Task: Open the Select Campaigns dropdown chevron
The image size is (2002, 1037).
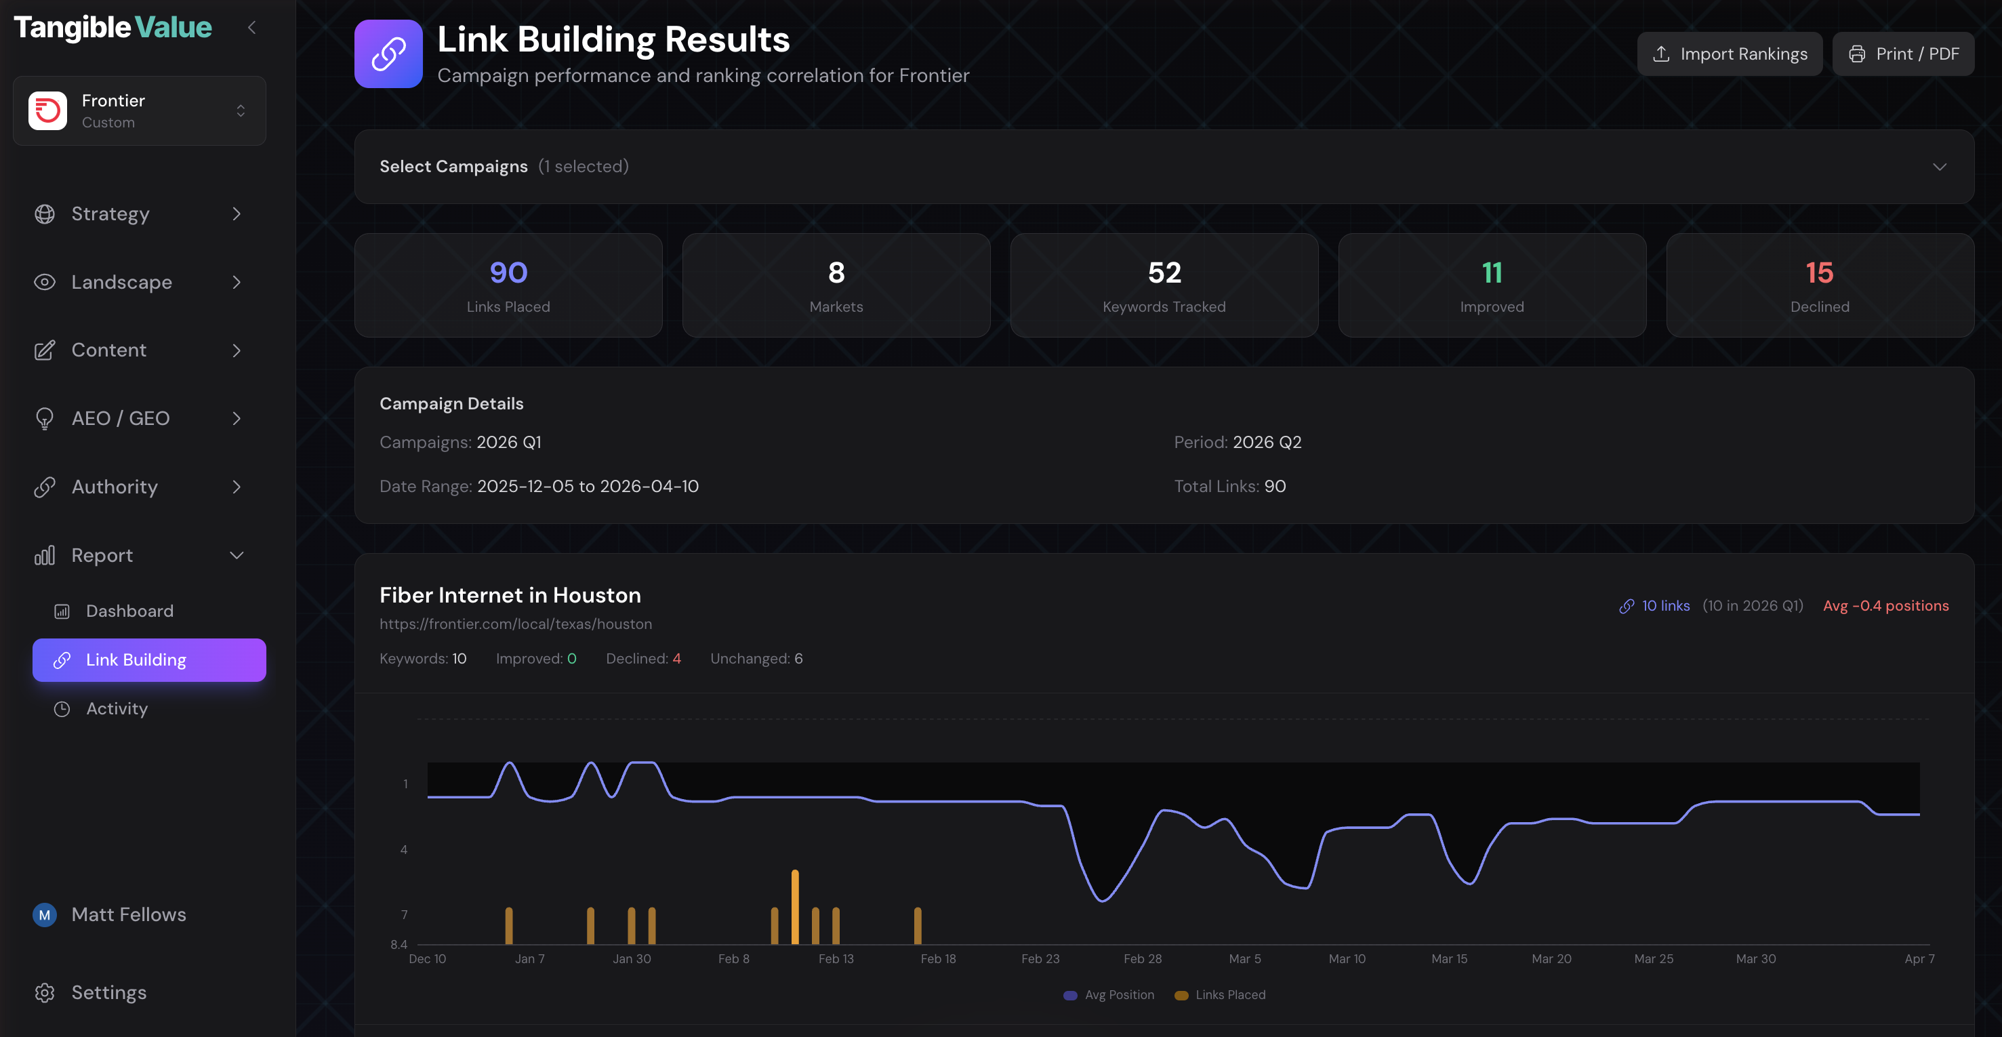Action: click(x=1939, y=166)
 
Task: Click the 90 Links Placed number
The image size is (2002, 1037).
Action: click(x=508, y=273)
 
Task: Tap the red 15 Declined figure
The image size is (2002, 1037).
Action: click(x=1820, y=273)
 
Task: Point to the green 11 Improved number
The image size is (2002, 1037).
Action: click(x=1492, y=273)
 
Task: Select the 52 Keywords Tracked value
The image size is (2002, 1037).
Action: click(x=1164, y=273)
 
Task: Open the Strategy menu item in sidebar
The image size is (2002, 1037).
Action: click(x=110, y=213)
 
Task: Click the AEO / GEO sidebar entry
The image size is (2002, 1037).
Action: click(x=121, y=418)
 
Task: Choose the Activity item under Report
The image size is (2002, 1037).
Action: click(x=117, y=708)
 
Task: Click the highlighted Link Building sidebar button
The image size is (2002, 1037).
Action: click(x=149, y=660)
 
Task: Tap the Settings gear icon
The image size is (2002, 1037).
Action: click(x=44, y=993)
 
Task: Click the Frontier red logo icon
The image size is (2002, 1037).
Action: click(x=47, y=110)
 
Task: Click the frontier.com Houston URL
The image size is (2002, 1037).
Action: click(x=515, y=624)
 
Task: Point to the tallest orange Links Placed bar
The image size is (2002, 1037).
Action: click(x=795, y=906)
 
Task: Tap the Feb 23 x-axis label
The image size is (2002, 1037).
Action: click(x=1040, y=958)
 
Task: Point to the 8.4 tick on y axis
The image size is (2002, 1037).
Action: click(x=399, y=945)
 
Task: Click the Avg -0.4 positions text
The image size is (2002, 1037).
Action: click(x=1885, y=605)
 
